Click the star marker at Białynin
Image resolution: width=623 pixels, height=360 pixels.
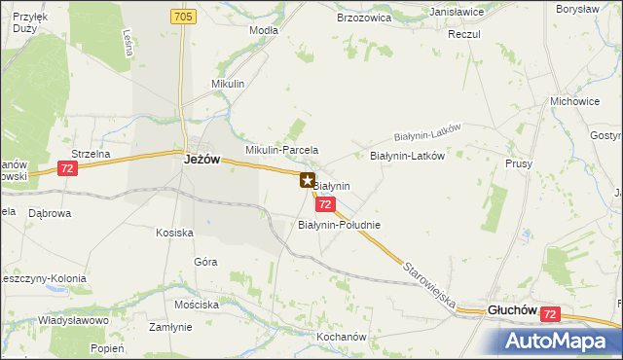coord(308,180)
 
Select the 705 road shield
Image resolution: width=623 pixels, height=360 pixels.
coord(183,18)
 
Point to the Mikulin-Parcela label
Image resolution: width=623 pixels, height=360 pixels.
coord(282,151)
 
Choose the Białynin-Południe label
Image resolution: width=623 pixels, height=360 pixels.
coord(338,225)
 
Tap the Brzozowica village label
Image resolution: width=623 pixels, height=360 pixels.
coord(363,18)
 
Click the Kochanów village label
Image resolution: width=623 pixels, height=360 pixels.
coord(341,337)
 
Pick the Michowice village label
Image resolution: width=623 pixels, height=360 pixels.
coord(573,101)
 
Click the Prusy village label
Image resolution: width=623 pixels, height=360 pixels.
coord(519,163)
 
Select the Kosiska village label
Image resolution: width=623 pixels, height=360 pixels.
coord(175,233)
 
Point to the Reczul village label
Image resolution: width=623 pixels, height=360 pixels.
coord(464,34)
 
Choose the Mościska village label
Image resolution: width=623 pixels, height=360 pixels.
coord(197,304)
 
